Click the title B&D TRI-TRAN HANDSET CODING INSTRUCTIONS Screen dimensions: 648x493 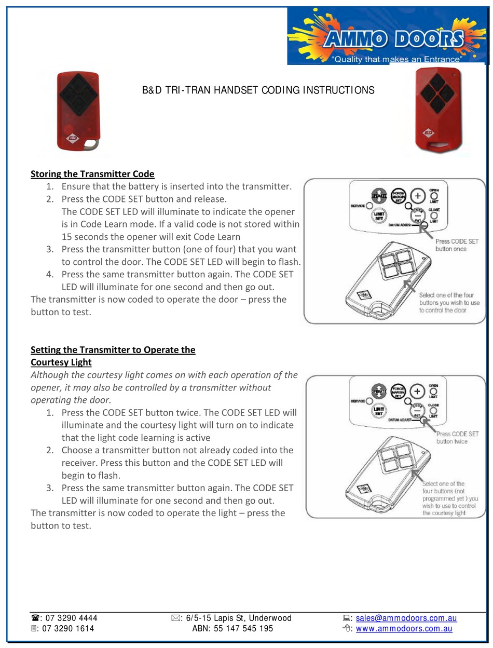(x=258, y=90)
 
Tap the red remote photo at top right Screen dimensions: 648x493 (x=439, y=110)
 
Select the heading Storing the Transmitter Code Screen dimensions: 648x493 (x=92, y=174)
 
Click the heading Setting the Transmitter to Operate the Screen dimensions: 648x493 (x=113, y=349)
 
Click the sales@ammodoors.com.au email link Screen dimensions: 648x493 (x=406, y=618)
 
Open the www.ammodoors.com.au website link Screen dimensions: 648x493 (x=404, y=628)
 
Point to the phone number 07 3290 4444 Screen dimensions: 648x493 (x=71, y=618)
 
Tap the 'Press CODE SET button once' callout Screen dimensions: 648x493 (x=457, y=245)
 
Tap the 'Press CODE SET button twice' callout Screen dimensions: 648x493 (x=457, y=437)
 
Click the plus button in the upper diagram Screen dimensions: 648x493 (x=417, y=196)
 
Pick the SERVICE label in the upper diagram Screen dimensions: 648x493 (x=358, y=206)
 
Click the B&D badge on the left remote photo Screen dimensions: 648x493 (x=73, y=139)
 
